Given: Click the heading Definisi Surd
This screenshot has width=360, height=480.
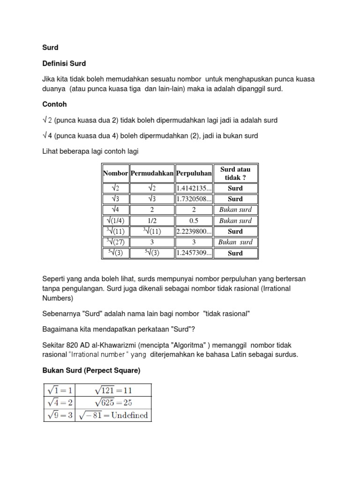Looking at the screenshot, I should click(64, 63).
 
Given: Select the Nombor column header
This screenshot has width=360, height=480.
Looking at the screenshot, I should click(115, 173).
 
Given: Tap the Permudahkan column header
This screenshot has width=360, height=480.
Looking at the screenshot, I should click(152, 173).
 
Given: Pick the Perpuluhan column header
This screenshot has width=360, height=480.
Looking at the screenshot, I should click(194, 173).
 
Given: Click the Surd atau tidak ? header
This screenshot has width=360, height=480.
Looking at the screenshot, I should click(235, 173).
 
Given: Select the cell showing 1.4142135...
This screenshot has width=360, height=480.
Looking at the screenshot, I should click(194, 188).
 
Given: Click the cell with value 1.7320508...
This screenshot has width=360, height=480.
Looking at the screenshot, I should click(194, 199).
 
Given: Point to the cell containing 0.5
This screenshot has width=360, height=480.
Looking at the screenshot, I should click(194, 221).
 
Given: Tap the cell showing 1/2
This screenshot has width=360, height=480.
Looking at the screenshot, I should click(152, 221).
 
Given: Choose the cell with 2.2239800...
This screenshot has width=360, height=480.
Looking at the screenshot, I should click(194, 232).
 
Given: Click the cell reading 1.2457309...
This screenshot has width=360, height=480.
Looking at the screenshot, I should click(194, 253).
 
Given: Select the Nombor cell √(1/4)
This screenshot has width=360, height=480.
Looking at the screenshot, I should click(115, 221).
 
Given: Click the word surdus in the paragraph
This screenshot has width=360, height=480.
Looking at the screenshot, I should click(286, 354).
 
